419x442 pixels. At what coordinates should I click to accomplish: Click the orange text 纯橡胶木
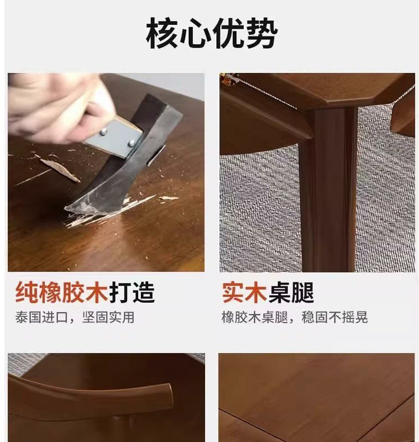(61, 292)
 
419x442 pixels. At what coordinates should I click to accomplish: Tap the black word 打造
(132, 292)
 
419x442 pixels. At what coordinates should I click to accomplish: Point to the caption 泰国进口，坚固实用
(75, 318)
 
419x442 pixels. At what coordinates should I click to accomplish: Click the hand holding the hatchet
(53, 105)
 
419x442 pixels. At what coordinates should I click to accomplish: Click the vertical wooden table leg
(328, 188)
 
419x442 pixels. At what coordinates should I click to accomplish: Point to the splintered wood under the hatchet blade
(111, 215)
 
